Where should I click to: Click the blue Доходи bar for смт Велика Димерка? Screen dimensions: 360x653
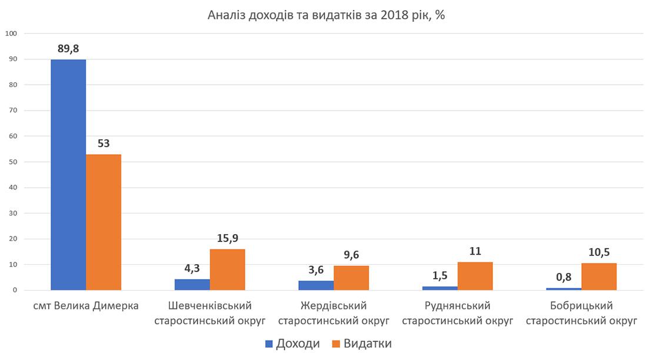[x=68, y=175]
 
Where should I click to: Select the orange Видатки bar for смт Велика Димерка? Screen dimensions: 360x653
[x=104, y=222]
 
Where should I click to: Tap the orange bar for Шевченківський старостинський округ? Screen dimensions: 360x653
[x=227, y=270]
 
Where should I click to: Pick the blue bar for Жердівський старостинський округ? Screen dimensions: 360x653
[x=316, y=286]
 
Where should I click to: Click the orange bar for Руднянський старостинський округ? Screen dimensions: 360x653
[x=475, y=276]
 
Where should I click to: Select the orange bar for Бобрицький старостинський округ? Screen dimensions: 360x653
[x=599, y=276]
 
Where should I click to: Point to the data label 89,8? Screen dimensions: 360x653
[x=68, y=49]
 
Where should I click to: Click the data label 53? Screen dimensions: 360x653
[x=104, y=144]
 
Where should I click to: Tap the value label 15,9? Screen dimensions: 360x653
[x=227, y=238]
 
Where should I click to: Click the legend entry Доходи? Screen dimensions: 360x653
[x=292, y=344]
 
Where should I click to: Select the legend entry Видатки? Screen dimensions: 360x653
[x=362, y=344]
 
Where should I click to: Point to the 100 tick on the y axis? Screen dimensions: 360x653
[x=12, y=34]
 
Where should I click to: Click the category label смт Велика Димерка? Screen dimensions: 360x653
[x=86, y=306]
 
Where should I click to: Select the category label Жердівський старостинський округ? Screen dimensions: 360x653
[x=334, y=314]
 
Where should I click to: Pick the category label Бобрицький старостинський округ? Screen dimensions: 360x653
[x=581, y=314]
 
